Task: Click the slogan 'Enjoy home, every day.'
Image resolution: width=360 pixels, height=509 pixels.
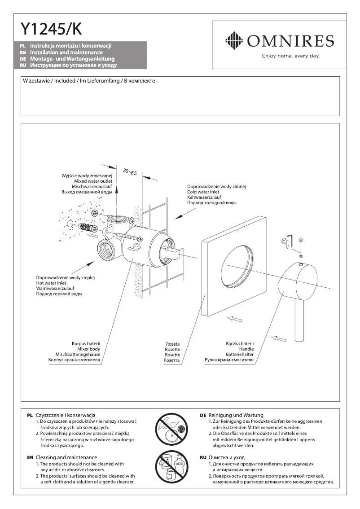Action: [290, 57]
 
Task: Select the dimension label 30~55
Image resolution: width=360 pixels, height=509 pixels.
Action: [130, 172]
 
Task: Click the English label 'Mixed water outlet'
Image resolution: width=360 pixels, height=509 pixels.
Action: [93, 181]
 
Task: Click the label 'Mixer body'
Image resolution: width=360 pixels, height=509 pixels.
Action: [88, 349]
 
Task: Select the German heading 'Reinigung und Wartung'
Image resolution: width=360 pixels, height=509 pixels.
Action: [236, 415]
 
